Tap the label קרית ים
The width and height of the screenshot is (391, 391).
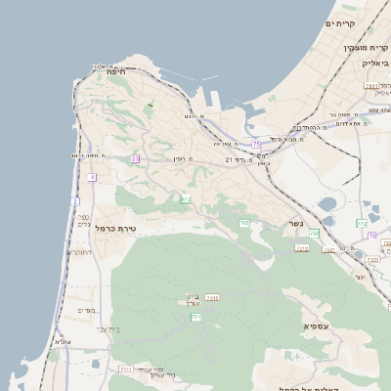tap(340, 22)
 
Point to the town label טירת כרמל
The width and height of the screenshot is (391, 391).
tap(118, 228)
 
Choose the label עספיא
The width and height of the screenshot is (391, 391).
tap(316, 325)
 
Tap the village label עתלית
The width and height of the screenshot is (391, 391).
tap(61, 341)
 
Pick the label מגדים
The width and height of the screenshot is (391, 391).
tap(86, 310)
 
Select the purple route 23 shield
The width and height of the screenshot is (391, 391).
tap(135, 158)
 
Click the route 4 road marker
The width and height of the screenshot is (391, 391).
tap(92, 177)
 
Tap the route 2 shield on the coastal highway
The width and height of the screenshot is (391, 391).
tap(74, 201)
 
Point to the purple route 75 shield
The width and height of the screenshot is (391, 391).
tap(256, 144)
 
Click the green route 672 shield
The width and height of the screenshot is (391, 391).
tap(186, 198)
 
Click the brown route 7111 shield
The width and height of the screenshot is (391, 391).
tap(126, 369)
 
